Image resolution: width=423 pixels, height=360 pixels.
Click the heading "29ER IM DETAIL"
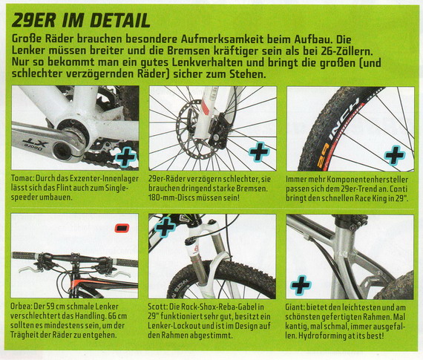pyautogui.click(x=81, y=21)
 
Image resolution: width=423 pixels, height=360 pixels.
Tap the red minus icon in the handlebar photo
pyautogui.click(x=122, y=228)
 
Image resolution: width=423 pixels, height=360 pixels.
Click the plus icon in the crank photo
pyautogui.click(x=125, y=157)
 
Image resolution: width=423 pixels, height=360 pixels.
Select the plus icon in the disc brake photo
pyautogui.click(x=259, y=151)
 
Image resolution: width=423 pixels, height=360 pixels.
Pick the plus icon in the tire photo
pyautogui.click(x=395, y=154)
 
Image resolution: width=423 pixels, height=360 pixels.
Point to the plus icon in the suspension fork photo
pyautogui.click(x=165, y=227)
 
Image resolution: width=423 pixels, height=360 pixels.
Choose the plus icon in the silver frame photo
pyautogui.click(x=301, y=285)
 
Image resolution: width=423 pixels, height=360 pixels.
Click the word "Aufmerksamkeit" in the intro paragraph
pyautogui.click(x=222, y=39)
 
